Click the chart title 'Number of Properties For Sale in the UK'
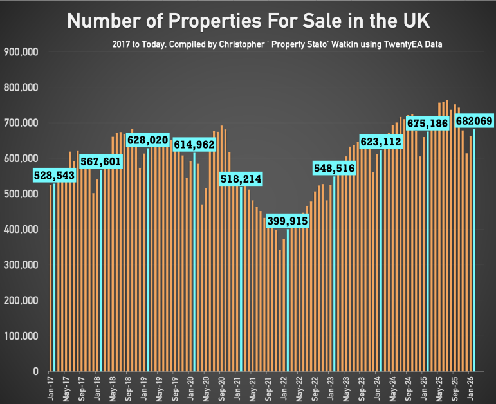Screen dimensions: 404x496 coord(248,21)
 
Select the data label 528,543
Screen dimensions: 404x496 coord(54,175)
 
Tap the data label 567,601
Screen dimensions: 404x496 coord(101,161)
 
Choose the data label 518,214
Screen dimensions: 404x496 coord(241,179)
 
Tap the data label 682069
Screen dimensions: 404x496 coord(474,121)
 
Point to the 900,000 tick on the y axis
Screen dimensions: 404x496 coord(21,52)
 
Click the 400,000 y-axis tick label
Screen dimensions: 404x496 coord(21,230)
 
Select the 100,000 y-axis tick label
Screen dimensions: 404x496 coord(21,336)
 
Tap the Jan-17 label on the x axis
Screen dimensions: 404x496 coord(51,387)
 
